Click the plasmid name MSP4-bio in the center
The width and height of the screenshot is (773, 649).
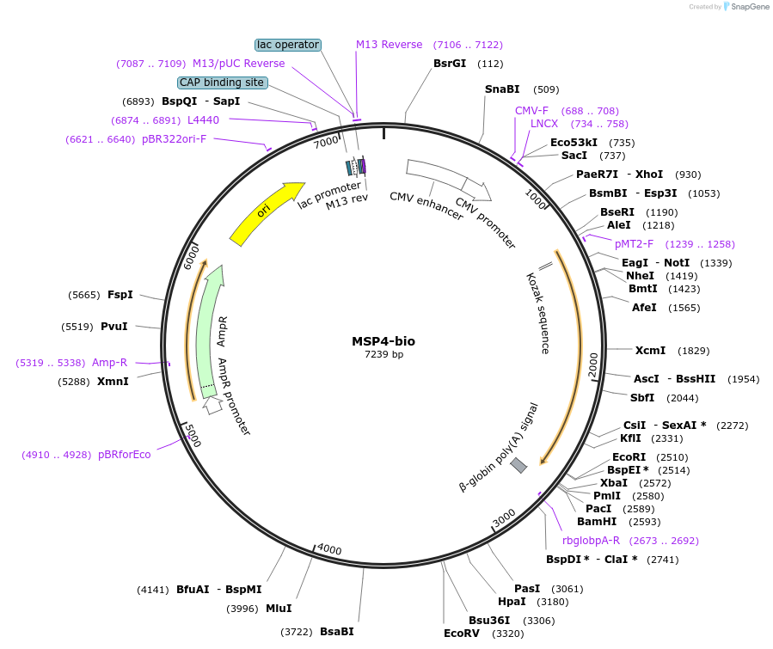tap(383, 341)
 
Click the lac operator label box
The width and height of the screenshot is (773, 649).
tap(288, 45)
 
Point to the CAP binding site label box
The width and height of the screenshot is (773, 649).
tap(223, 83)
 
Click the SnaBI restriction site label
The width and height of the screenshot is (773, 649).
tap(502, 89)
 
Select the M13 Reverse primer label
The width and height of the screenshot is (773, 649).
tap(390, 45)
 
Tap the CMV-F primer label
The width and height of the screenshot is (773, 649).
tap(531, 111)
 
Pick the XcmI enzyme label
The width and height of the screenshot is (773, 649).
tap(650, 351)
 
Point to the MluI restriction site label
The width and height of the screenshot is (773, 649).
tap(279, 609)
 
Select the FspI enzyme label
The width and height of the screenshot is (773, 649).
tap(120, 295)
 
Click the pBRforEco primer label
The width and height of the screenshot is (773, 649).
tap(125, 455)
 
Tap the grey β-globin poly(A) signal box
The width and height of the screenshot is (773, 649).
tap(518, 465)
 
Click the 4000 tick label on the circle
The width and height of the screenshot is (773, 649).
tap(329, 548)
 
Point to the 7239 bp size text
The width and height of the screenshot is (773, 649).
tap(383, 354)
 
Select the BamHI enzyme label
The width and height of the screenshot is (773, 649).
tap(597, 521)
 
